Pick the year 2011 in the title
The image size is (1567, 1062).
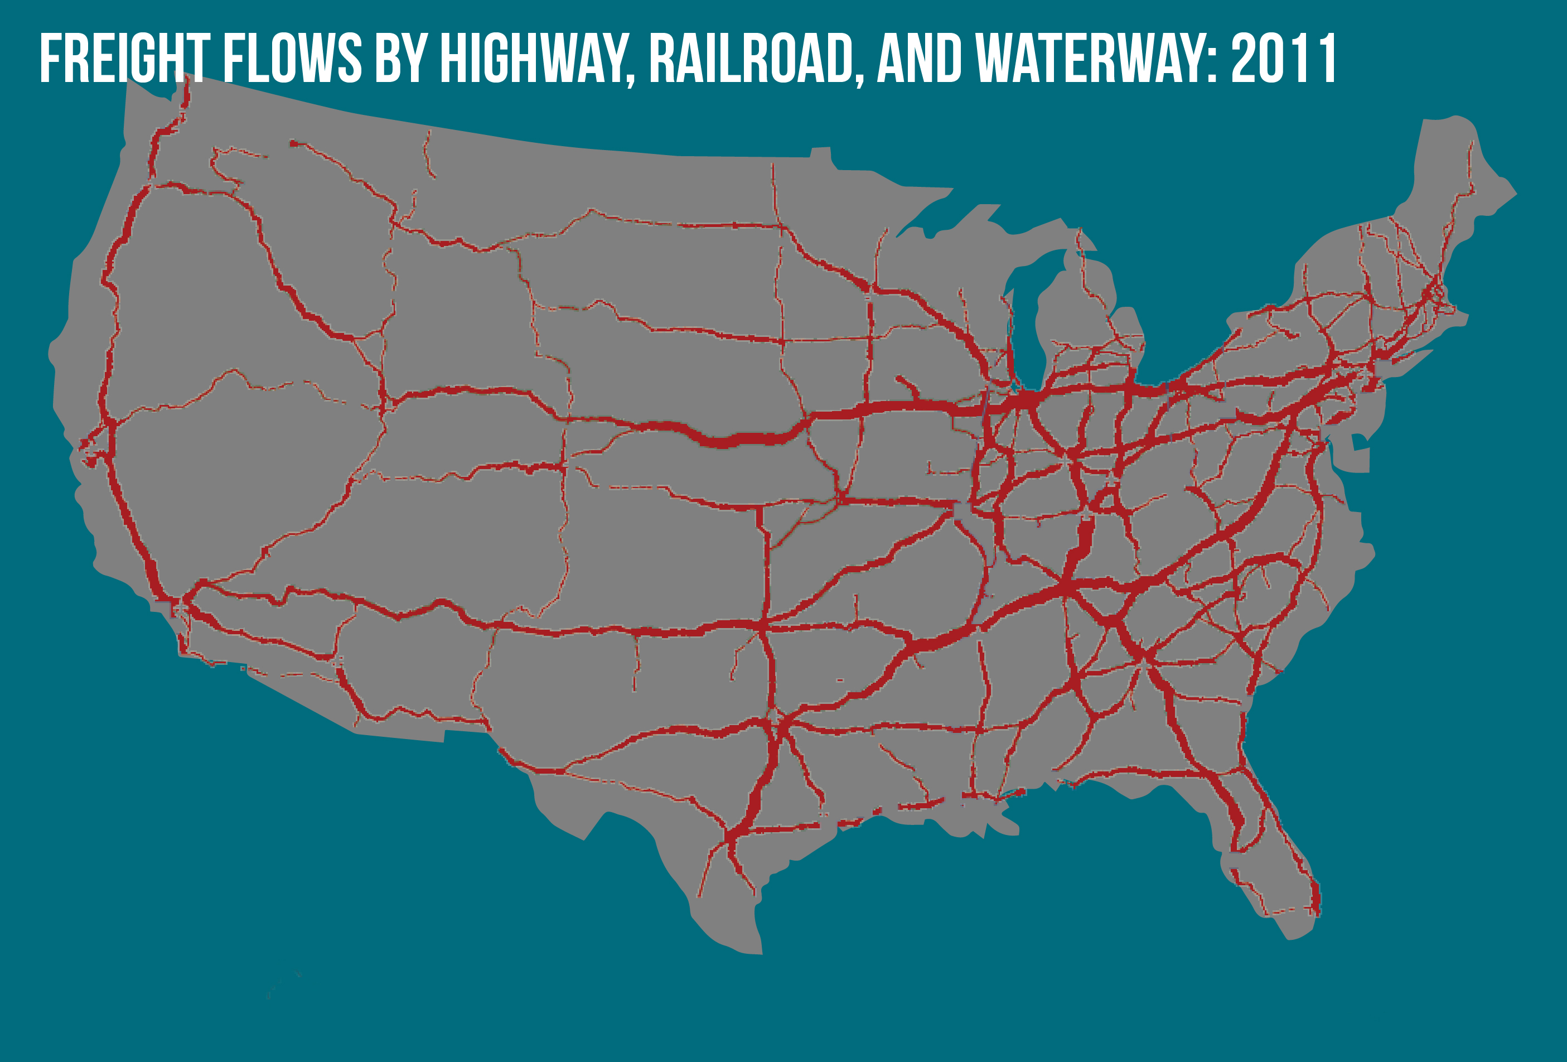pyautogui.click(x=1283, y=59)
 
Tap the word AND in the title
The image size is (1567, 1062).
pyautogui.click(x=920, y=59)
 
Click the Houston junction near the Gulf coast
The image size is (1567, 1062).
pyautogui.click(x=730, y=836)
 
